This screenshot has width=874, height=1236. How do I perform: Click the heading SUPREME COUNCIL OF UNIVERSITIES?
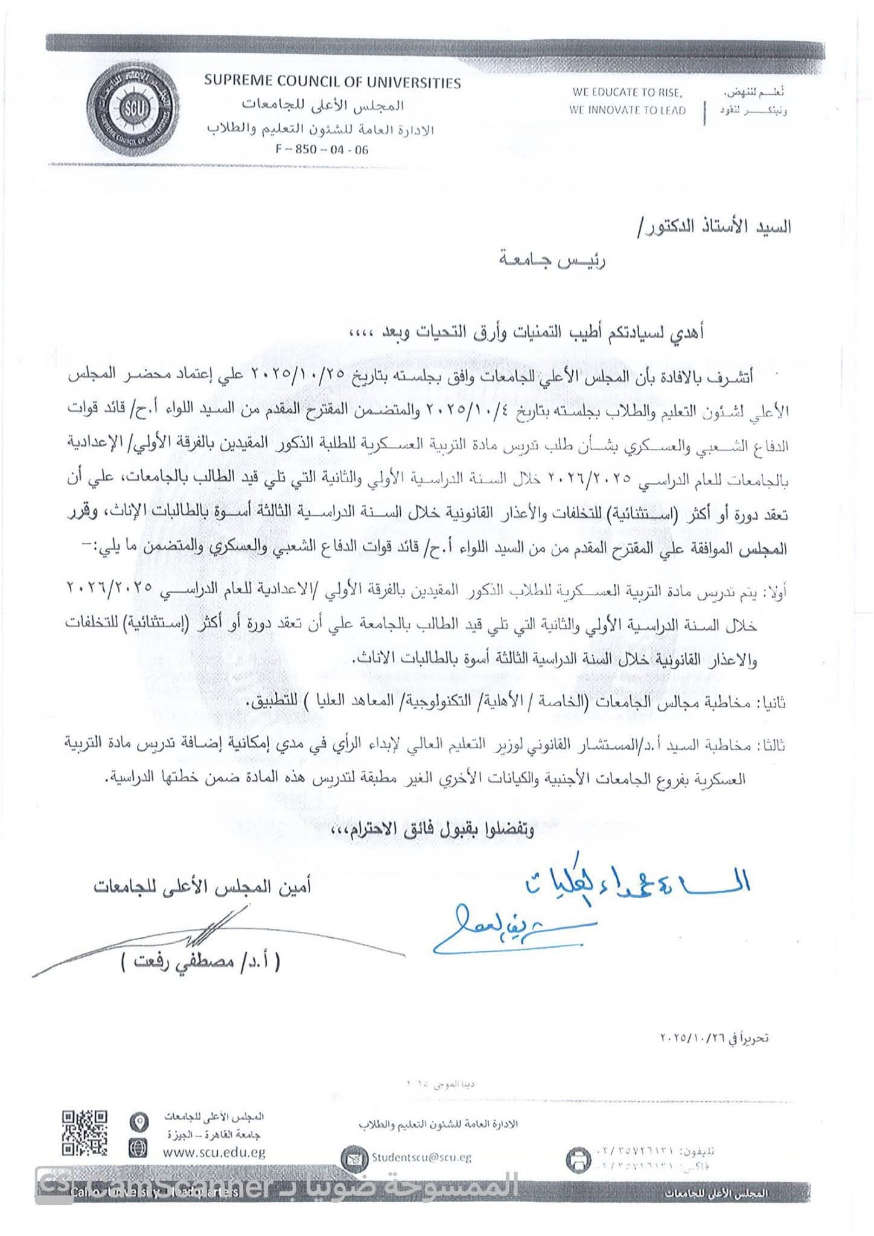(x=332, y=83)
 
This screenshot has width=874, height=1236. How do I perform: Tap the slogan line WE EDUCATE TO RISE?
(x=628, y=93)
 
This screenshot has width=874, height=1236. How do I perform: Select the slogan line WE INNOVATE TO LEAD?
(x=628, y=110)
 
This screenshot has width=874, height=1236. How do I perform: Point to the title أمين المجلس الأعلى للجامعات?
(x=202, y=888)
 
